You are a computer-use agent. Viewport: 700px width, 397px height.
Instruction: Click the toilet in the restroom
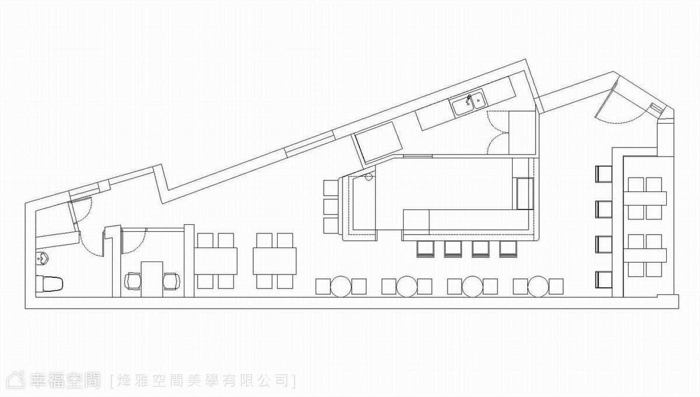tap(50, 284)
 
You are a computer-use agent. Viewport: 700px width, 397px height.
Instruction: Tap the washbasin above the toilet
tap(42, 259)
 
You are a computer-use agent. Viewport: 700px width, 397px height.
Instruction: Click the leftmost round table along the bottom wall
tap(341, 286)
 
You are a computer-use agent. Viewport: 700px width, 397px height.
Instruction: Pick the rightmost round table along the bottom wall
tap(538, 286)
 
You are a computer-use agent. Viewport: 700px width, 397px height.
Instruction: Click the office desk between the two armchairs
tap(152, 279)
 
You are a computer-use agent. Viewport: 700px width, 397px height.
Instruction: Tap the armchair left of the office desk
tap(133, 281)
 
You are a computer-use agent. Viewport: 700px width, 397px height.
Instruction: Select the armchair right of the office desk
tap(171, 281)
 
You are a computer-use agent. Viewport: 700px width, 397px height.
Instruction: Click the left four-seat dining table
tap(216, 261)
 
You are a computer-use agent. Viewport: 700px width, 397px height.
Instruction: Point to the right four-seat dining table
tap(275, 261)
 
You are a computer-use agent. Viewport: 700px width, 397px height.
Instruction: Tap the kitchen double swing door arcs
tap(496, 133)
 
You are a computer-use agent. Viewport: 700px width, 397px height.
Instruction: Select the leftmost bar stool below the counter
tap(426, 249)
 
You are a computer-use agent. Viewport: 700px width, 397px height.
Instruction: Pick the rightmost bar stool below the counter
tap(508, 249)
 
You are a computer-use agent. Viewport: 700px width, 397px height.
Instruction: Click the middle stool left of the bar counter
tap(331, 207)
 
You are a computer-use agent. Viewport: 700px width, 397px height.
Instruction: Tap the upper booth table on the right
tap(645, 198)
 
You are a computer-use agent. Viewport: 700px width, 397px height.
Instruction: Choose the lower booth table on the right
tap(645, 255)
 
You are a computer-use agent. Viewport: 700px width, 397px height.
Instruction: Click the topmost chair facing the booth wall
tap(603, 174)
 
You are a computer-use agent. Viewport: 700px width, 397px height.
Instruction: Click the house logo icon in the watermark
tap(16, 380)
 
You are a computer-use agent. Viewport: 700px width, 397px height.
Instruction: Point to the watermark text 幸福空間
tap(65, 381)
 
